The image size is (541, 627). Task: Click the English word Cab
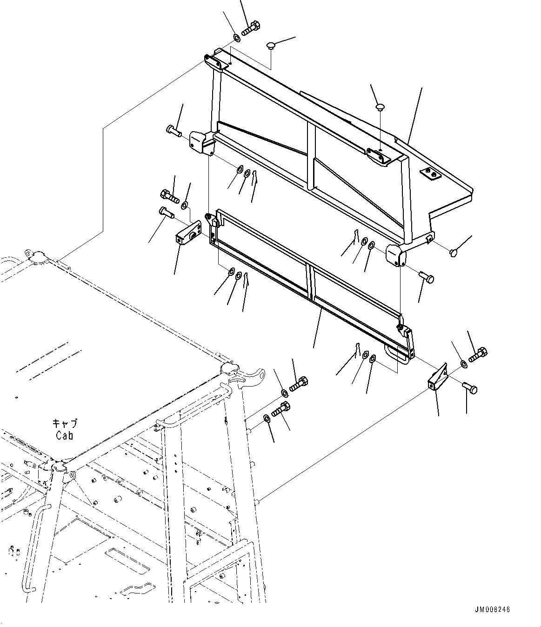(64, 435)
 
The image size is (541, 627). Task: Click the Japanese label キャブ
(65, 424)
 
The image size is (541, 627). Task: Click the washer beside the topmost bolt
(236, 38)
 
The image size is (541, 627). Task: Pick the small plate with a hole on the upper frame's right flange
(430, 173)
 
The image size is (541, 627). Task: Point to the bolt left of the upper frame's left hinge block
(173, 131)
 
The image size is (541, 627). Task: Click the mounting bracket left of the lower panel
(188, 233)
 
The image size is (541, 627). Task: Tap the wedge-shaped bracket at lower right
(437, 378)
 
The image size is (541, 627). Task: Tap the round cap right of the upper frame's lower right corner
(454, 252)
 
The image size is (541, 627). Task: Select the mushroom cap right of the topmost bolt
(271, 46)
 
